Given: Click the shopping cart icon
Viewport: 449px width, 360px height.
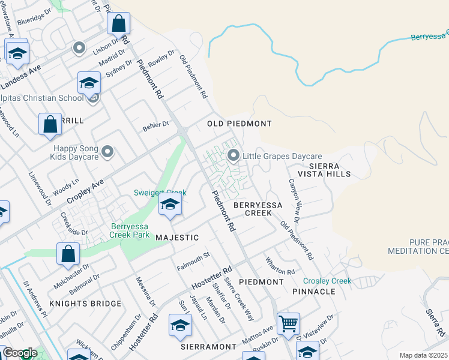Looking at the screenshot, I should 289,324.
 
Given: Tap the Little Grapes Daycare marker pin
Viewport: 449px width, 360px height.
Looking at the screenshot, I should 234,156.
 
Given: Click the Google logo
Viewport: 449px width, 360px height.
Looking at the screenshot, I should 19,353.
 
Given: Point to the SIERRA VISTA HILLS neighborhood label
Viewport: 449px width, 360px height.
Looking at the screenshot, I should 329,170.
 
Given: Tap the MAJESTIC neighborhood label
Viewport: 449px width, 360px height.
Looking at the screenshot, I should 177,238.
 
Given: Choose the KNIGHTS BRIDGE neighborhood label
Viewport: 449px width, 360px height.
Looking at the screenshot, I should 85,304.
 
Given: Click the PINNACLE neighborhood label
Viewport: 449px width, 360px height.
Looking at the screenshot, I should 314,292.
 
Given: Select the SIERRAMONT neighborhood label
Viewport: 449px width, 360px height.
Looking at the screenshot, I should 209,347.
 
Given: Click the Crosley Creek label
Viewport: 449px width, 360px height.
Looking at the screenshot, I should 327,281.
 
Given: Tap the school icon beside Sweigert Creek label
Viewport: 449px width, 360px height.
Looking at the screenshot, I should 170,205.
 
